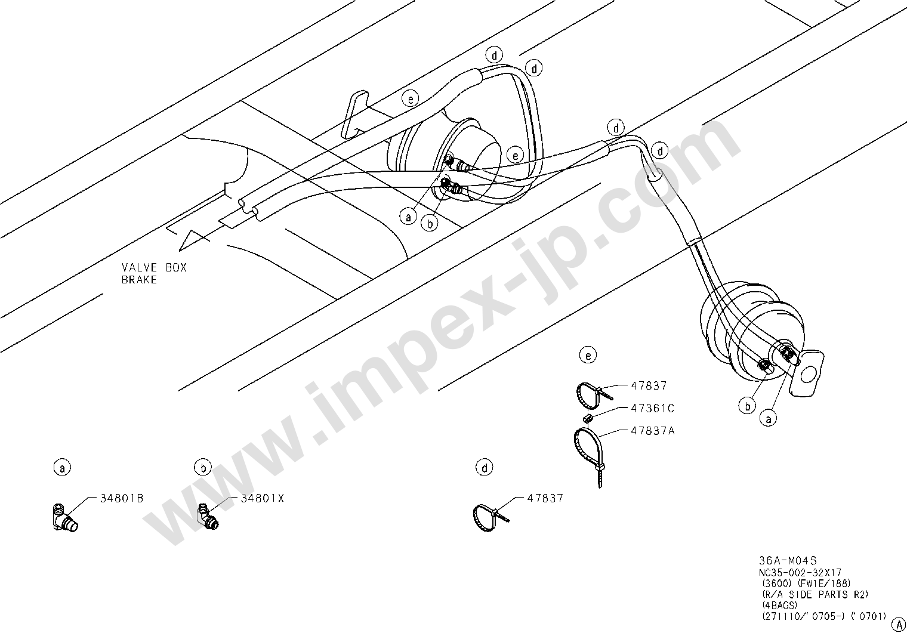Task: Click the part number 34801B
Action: (119, 498)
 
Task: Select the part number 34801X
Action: (262, 498)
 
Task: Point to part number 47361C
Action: (652, 409)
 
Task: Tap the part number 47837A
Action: (652, 430)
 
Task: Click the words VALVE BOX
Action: (154, 268)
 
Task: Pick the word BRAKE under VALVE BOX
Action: (139, 279)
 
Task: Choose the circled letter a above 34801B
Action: (62, 468)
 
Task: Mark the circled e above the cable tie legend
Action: (588, 356)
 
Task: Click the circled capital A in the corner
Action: (898, 623)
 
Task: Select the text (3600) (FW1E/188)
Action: (805, 583)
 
